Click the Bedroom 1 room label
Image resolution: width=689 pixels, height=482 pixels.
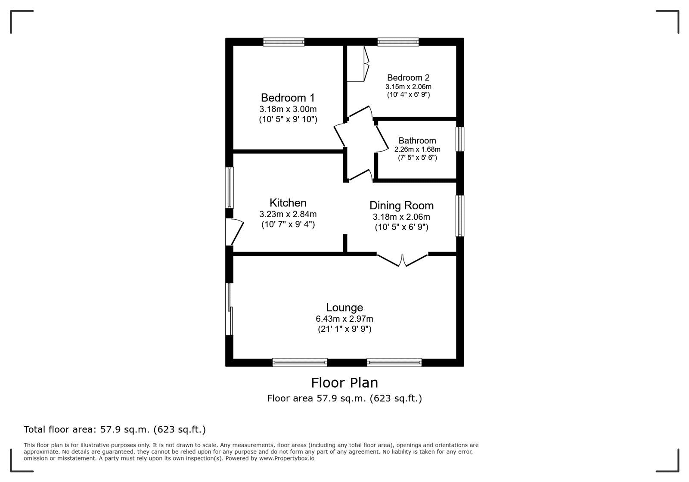pyautogui.click(x=288, y=97)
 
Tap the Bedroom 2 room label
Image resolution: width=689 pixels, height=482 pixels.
pyautogui.click(x=408, y=78)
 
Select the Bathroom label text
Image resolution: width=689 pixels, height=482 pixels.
pyautogui.click(x=417, y=140)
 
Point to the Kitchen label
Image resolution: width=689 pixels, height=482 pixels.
pyautogui.click(x=288, y=202)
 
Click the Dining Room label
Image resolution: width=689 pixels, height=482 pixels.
pyautogui.click(x=401, y=205)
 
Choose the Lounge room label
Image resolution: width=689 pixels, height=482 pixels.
pyautogui.click(x=344, y=307)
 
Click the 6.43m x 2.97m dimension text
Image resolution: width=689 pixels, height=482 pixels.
pyautogui.click(x=344, y=319)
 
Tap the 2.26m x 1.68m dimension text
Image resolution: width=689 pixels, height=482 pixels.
pyautogui.click(x=417, y=149)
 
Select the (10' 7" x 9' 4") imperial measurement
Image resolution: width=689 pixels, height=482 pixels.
pyautogui.click(x=288, y=224)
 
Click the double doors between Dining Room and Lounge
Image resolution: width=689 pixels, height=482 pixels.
pyautogui.click(x=402, y=260)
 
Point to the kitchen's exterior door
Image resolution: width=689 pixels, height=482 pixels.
pyautogui.click(x=234, y=232)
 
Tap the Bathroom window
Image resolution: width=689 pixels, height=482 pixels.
pyautogui.click(x=460, y=139)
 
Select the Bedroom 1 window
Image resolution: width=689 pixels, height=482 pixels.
pyautogui.click(x=284, y=42)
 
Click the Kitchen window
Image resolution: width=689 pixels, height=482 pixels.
pyautogui.click(x=230, y=187)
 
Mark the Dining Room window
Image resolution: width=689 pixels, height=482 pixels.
pyautogui.click(x=460, y=215)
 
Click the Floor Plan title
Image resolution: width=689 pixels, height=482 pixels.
pyautogui.click(x=344, y=382)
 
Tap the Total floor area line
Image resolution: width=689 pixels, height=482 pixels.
pyautogui.click(x=115, y=429)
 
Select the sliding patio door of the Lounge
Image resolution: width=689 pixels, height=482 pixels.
pyautogui.click(x=230, y=309)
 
